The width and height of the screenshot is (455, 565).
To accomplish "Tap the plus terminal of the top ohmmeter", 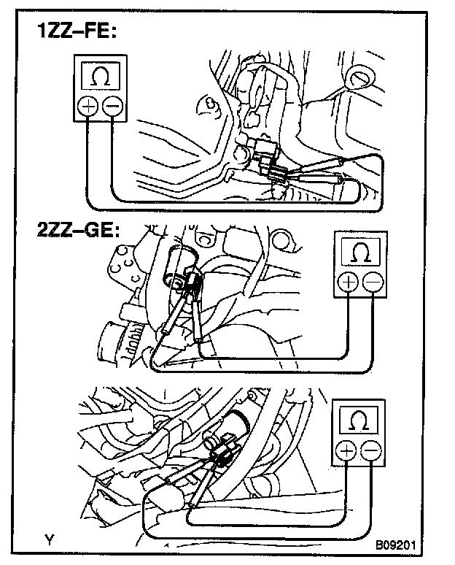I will tap(87, 107).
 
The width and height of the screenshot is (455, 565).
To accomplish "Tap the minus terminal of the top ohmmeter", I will tap(113, 107).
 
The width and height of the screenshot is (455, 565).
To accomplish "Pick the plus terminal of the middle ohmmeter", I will tap(347, 282).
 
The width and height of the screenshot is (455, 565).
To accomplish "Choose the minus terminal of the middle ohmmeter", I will tap(373, 282).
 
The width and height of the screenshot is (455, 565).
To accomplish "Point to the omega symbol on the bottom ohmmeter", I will tap(359, 422).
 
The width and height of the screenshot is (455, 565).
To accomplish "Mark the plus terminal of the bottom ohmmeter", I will tap(346, 453).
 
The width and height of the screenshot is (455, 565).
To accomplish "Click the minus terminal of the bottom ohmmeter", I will tap(372, 453).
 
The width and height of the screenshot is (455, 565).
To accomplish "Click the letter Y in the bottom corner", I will tap(49, 541).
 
